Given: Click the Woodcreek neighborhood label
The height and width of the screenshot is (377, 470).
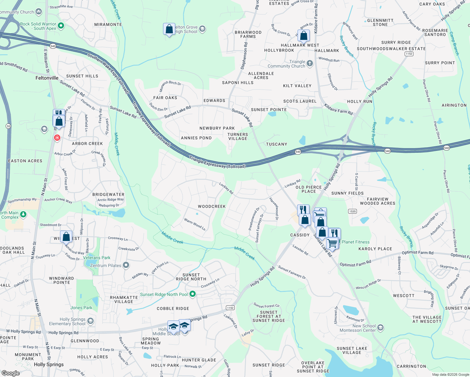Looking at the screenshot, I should pos(212,206).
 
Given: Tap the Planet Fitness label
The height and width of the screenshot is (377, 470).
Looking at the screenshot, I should pos(355,242).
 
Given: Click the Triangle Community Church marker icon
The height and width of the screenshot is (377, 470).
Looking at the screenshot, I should pos(310,63).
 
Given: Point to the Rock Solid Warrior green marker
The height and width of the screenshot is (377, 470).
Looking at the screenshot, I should pos(61,26).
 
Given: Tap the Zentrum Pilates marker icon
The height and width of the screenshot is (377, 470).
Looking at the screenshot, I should pos(126,265).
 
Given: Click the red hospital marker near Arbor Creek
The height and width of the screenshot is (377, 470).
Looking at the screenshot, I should pos(57,138).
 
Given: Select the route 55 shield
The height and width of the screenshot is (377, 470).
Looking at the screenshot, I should pos(8,126).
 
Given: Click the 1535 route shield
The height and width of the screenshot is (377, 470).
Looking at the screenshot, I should pos(352,211).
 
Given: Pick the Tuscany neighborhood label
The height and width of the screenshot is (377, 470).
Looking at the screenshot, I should pos(276,144).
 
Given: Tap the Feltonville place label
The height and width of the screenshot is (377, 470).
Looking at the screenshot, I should pos(47,78).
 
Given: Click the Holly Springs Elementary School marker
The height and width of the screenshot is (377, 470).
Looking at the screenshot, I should pos(90,321).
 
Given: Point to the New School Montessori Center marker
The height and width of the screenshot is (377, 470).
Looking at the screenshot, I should pos(380,328).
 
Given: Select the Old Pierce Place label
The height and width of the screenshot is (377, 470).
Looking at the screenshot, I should pos(309,189).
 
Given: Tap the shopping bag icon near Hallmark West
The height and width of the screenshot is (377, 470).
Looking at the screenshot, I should pos(304,36).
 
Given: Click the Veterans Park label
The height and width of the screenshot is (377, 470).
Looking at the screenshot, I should pos(97,258).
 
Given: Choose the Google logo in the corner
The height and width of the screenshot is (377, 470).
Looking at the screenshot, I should pos(11,373).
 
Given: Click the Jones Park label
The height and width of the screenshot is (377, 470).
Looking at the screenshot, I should pos(81,308).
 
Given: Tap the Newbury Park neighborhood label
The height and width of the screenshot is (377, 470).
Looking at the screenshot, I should pos(217,128).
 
